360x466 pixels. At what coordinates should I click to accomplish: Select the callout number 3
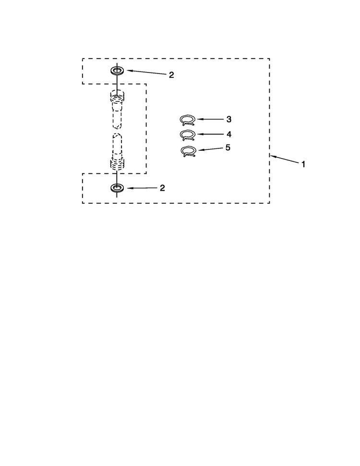[x=228, y=119]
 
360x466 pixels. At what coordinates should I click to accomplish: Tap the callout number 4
[x=229, y=135]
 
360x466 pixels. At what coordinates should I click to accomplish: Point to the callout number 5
[x=228, y=147]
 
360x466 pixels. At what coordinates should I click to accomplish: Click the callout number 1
[x=303, y=164]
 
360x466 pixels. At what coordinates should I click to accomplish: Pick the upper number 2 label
[x=171, y=75]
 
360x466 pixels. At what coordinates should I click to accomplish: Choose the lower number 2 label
[x=162, y=188]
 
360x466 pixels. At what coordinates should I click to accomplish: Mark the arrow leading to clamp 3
[x=210, y=119]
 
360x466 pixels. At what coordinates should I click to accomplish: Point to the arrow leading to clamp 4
[x=210, y=134]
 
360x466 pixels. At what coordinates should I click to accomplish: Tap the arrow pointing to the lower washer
[x=142, y=188]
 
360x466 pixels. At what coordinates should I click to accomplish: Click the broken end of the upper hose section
[x=117, y=126]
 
